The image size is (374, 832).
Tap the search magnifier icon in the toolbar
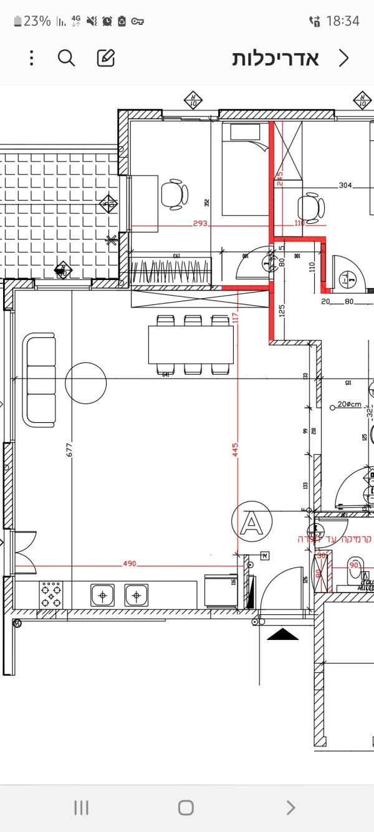pyautogui.click(x=66, y=58)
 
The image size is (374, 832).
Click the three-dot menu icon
pyautogui.click(x=31, y=58)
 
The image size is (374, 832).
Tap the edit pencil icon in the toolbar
pyautogui.click(x=106, y=58)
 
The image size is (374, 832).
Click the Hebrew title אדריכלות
pyautogui.click(x=276, y=58)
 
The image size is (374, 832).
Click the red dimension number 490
pyautogui.click(x=129, y=564)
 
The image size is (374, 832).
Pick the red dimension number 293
pyautogui.click(x=199, y=223)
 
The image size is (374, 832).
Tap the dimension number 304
pyautogui.click(x=346, y=185)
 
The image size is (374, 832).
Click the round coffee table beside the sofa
pyautogui.click(x=85, y=383)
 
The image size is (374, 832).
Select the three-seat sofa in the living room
pyautogui.click(x=40, y=380)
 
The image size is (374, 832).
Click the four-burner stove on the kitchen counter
pyautogui.click(x=51, y=594)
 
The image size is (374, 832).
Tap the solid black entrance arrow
pyautogui.click(x=283, y=634)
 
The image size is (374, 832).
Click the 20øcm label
pyautogui.click(x=349, y=404)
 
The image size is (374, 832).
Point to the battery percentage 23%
pyautogui.click(x=37, y=21)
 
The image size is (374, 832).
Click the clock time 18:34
pyautogui.click(x=343, y=21)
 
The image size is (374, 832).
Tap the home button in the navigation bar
pyautogui.click(x=186, y=808)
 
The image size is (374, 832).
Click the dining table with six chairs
pyautogui.click(x=191, y=344)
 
